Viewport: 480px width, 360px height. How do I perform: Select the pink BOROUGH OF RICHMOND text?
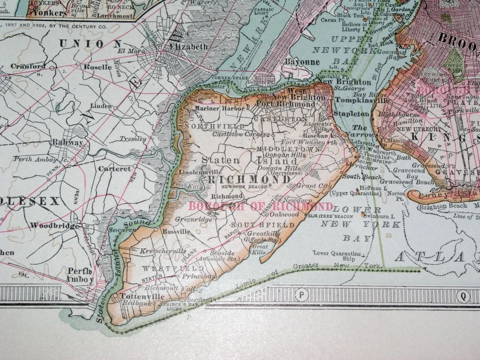pyautogui.click(x=260, y=206)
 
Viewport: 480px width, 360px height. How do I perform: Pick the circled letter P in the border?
pyautogui.click(x=301, y=294)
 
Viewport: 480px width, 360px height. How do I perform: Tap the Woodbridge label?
pyautogui.click(x=54, y=225)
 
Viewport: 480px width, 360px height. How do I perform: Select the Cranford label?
pyautogui.click(x=28, y=66)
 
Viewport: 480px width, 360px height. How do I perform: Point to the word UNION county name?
pyautogui.click(x=90, y=43)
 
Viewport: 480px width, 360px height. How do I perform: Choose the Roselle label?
pyautogui.click(x=97, y=66)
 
